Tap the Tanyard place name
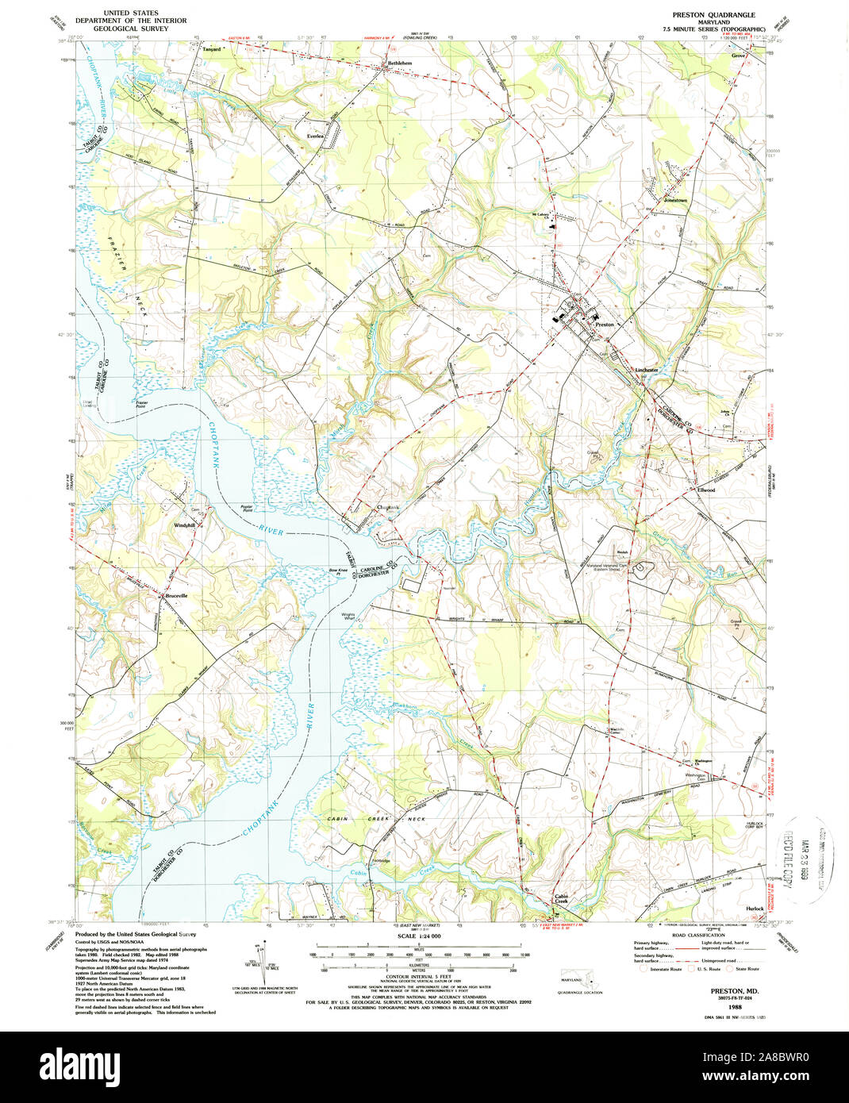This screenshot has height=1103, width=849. click(x=210, y=48)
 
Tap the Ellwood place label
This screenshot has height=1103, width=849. click(x=706, y=490)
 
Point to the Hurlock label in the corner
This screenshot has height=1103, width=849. click(x=754, y=908)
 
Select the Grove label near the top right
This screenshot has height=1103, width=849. click(x=739, y=56)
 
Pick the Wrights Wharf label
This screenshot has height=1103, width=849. click(x=348, y=616)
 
